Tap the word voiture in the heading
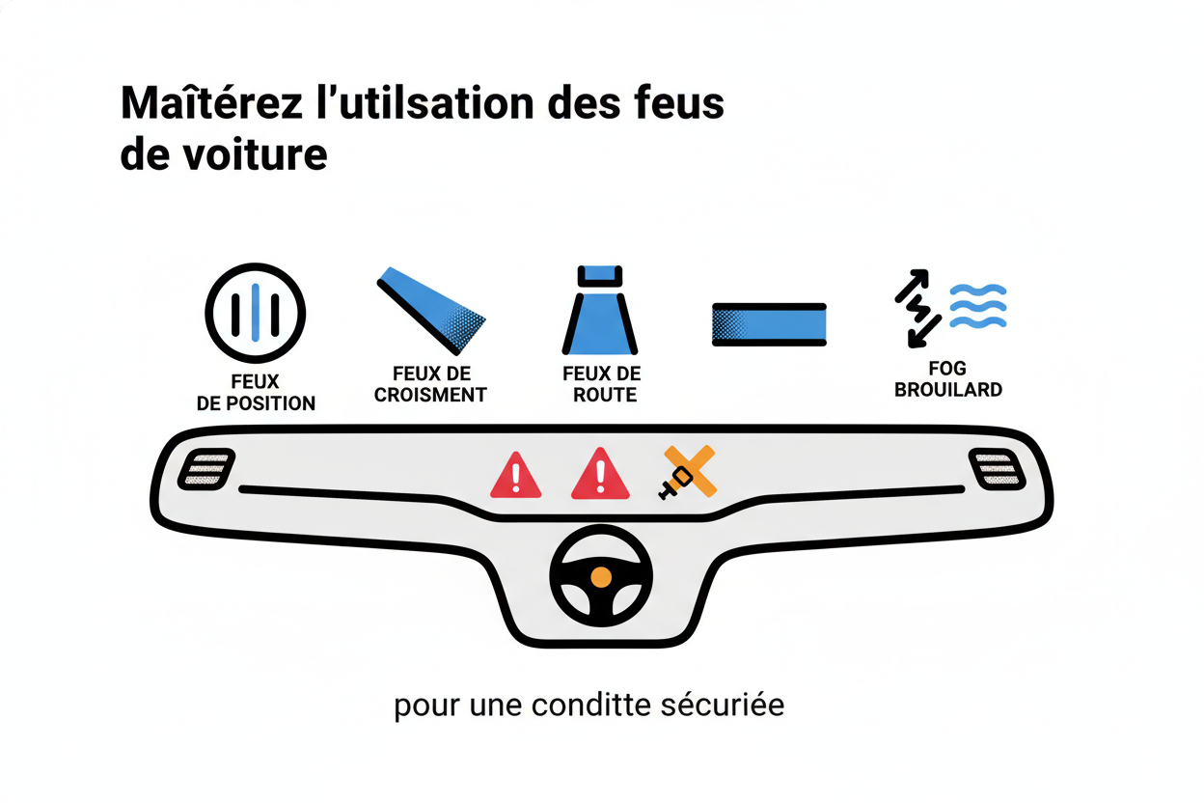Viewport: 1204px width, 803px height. [255, 155]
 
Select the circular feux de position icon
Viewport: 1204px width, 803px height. [256, 313]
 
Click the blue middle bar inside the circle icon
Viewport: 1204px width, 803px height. [256, 313]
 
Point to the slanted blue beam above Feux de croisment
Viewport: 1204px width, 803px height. [431, 311]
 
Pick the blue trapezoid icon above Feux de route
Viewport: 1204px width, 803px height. [600, 310]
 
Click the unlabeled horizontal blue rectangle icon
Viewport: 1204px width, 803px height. [769, 324]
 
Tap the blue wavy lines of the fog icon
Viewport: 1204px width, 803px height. [977, 306]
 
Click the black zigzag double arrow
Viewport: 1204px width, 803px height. [918, 308]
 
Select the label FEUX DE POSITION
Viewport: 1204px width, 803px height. [256, 393]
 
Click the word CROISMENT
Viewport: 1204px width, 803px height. [430, 396]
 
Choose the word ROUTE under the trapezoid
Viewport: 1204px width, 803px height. [605, 396]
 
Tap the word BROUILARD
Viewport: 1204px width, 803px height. [948, 390]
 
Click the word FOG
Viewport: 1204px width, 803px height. [947, 369]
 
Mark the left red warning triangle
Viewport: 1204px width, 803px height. [515, 475]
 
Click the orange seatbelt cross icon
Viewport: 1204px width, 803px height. [688, 472]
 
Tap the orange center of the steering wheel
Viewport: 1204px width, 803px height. [601, 578]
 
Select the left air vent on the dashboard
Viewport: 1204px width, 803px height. [206, 469]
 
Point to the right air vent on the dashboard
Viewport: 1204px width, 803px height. [998, 470]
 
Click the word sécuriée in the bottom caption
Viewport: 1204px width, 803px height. [723, 706]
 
